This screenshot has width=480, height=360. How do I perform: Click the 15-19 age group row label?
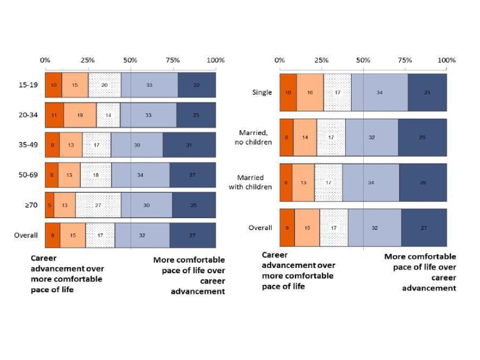[27, 85]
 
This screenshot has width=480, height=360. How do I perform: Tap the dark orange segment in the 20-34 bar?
[54, 115]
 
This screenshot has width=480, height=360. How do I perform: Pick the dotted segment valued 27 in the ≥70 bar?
[98, 205]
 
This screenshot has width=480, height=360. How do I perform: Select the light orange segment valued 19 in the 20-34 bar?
[80, 115]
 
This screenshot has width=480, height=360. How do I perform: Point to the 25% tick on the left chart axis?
[87, 60]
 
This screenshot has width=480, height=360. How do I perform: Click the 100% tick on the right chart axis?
[446, 60]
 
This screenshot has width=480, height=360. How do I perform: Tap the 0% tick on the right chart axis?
[279, 60]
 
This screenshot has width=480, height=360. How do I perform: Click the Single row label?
[261, 93]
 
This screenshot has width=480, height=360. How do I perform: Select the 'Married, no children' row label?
[255, 138]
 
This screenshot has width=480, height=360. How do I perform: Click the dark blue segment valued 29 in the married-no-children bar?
[422, 138]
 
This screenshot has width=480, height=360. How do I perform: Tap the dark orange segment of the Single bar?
[287, 93]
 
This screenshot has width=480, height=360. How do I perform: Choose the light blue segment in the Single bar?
[379, 93]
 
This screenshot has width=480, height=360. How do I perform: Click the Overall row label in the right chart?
[260, 227]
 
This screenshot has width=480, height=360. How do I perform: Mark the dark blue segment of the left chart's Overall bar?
[193, 236]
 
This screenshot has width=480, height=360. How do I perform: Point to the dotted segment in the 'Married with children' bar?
[328, 182]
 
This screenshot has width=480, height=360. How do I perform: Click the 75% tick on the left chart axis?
[173, 60]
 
